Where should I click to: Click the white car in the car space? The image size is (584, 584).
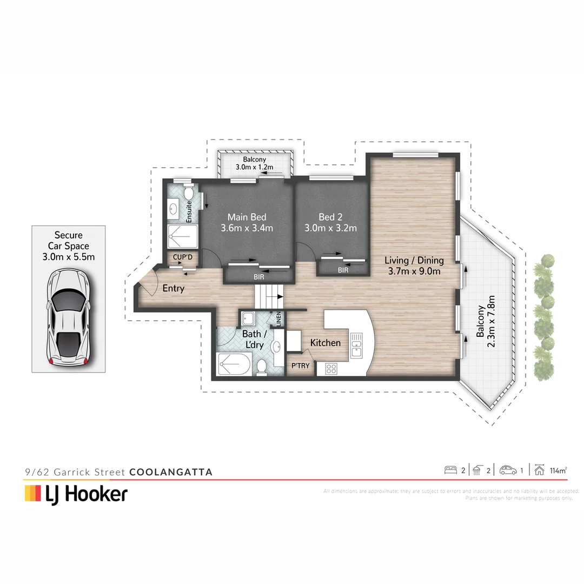68,317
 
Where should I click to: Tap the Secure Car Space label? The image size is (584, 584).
68,246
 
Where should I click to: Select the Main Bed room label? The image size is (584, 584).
247,222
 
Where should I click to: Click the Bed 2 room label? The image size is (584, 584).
330,222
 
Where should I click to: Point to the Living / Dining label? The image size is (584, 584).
415,266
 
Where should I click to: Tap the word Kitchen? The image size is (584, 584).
325,342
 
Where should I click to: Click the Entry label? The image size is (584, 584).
173,288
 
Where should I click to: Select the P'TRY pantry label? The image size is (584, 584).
301,366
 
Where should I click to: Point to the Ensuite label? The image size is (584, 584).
189,212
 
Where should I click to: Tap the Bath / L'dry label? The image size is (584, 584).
253,339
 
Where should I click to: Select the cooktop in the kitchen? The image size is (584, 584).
331,369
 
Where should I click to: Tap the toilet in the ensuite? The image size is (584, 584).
189,193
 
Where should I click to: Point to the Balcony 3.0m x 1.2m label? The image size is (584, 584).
254,163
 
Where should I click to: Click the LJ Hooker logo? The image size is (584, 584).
76,494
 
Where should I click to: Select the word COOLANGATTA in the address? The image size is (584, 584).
171,472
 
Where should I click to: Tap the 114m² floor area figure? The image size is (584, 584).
558,470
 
